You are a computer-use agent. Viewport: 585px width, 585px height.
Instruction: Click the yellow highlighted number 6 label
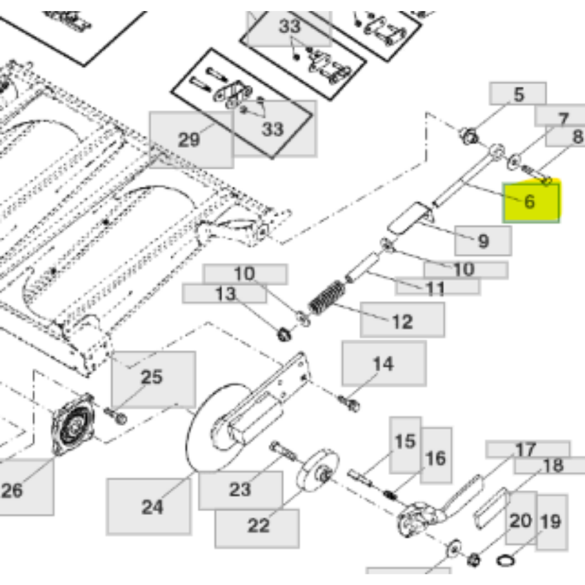tap(530, 202)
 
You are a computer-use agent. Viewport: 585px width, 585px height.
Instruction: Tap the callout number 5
tap(518, 94)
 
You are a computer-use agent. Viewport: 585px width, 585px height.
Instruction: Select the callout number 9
tap(483, 241)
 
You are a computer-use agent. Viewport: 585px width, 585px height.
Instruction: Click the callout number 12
tap(402, 321)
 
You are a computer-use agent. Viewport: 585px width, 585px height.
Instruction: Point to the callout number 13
tap(226, 294)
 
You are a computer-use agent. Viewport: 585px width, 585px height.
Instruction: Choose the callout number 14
tap(383, 364)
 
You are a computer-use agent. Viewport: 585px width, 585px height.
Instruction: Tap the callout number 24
tap(152, 507)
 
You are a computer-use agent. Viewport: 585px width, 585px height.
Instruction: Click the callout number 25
tap(152, 377)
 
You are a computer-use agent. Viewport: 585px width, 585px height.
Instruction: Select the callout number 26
tap(12, 490)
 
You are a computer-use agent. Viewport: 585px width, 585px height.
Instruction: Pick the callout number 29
tap(189, 140)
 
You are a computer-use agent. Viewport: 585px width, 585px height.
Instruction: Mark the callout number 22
tap(259, 526)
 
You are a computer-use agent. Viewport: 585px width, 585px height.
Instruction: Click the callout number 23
tap(240, 490)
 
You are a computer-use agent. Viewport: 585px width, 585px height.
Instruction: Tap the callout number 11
tap(435, 289)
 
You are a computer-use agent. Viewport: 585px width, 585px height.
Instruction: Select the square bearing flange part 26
tap(73, 424)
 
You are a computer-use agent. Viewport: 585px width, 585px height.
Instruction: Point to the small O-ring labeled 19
tap(506, 560)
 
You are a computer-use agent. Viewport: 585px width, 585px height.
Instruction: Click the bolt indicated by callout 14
tap(349, 404)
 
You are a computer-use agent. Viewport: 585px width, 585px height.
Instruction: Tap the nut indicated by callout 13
tap(285, 333)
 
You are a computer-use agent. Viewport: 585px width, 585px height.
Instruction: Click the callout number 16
tap(435, 459)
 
